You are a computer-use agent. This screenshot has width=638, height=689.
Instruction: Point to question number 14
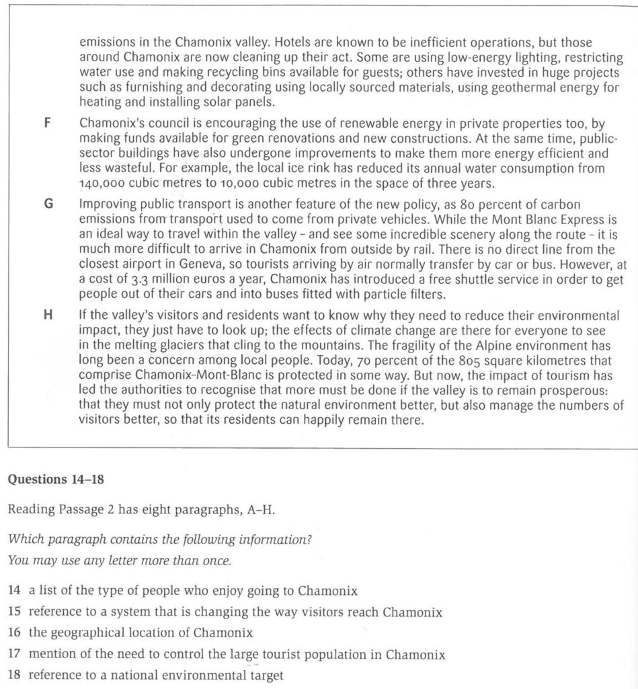point(14,591)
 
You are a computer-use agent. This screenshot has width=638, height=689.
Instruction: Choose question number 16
point(14,633)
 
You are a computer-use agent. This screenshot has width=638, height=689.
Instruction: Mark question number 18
point(14,675)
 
